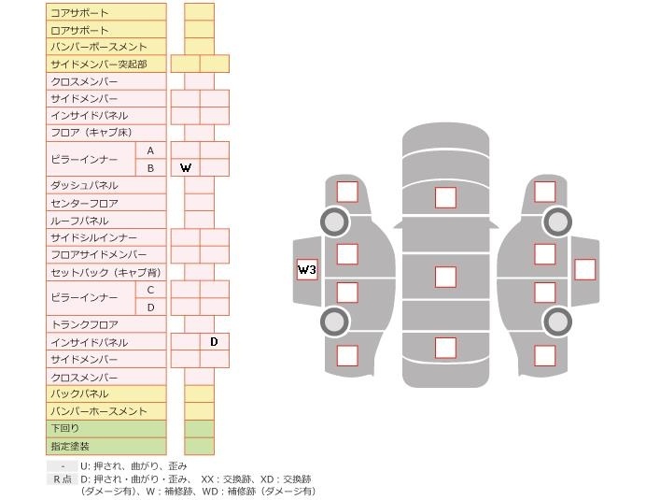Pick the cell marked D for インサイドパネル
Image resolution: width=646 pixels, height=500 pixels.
pyautogui.click(x=214, y=342)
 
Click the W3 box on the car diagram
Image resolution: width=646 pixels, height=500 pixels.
pyautogui.click(x=307, y=270)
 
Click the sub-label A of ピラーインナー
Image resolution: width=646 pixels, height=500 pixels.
pyautogui.click(x=150, y=150)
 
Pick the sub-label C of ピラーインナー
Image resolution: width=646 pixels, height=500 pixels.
pyautogui.click(x=150, y=290)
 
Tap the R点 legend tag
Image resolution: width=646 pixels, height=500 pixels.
pyautogui.click(x=63, y=479)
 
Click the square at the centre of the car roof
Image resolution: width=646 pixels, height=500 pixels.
pyautogui.click(x=445, y=277)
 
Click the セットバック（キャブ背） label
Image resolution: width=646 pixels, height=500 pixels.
pyautogui.click(x=105, y=273)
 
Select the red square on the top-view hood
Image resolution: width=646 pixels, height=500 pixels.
pyautogui.click(x=445, y=197)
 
